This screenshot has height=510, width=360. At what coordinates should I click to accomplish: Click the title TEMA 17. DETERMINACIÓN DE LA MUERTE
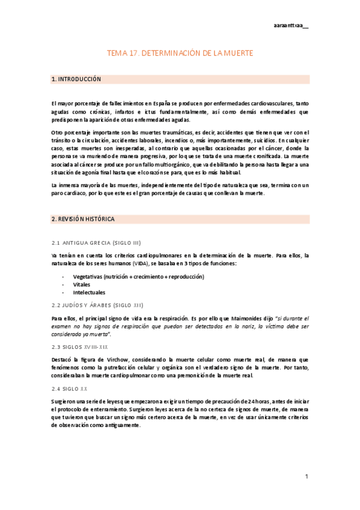[180, 54]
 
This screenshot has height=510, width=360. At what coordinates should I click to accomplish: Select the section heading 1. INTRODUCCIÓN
[76, 79]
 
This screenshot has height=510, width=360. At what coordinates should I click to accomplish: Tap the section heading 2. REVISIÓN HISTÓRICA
[83, 220]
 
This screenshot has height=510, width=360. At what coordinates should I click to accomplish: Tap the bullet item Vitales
[82, 284]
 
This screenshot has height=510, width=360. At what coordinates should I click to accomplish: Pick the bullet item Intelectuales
[89, 292]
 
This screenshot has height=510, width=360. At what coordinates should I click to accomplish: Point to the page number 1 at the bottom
[306, 477]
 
